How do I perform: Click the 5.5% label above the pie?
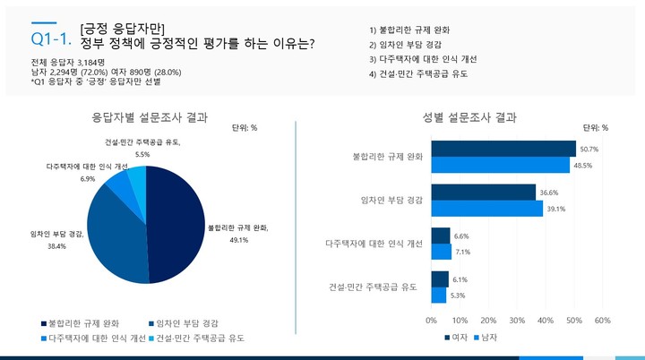pyautogui.click(x=142, y=154)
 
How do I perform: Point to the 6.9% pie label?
pyautogui.click(x=88, y=178)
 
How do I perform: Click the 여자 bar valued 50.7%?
pyautogui.click(x=503, y=149)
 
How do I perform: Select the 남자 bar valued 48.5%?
pyautogui.click(x=500, y=166)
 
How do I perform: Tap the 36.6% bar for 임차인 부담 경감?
pyautogui.click(x=483, y=192)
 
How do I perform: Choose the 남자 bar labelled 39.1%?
pyautogui.click(x=486, y=209)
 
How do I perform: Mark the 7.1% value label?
pyautogui.click(x=462, y=253)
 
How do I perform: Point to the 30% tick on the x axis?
pyautogui.click(x=517, y=321)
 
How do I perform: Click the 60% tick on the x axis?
pyautogui.click(x=602, y=321)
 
